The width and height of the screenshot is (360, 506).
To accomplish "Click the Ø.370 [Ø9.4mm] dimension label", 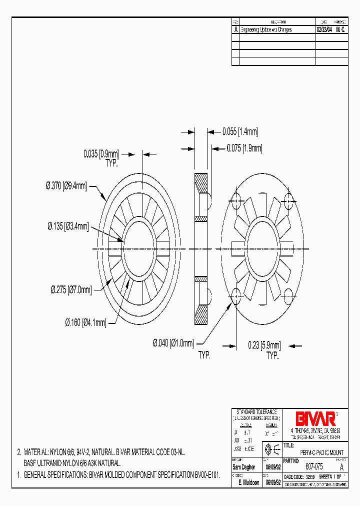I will (66, 186).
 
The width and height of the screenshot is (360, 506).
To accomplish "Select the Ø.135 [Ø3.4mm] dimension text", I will (68, 227).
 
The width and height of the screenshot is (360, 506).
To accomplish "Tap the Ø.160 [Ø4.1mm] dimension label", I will (85, 323).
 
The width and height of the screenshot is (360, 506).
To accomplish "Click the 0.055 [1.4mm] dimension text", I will (240, 132).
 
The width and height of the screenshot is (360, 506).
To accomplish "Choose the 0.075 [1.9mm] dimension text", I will (244, 148).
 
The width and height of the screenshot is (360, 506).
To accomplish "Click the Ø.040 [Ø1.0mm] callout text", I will (173, 343).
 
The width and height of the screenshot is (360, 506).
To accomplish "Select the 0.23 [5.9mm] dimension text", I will (264, 345).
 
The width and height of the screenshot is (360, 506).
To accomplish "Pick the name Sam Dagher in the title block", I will (244, 467).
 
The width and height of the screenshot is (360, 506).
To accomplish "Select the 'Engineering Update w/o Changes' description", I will (266, 30).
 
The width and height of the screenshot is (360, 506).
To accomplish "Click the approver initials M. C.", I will (340, 30).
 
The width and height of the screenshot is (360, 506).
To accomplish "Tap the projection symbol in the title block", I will (272, 448).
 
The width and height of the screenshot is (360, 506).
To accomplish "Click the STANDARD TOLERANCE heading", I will (256, 410).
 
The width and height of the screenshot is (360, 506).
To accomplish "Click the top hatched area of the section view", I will (201, 183).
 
